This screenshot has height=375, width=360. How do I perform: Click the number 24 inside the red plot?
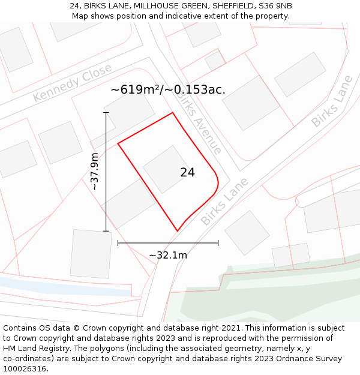coord(187,172)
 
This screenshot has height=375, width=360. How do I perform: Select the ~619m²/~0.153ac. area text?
coord(168,90)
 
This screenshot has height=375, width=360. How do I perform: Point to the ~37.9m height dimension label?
coord(95,172)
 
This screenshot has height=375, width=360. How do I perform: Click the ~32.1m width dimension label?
coord(168,255)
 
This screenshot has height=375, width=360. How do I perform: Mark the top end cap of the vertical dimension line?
coord(106,112)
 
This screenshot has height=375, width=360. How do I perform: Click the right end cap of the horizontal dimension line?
coord(218,243)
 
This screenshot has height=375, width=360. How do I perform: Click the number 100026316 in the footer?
coord(25,369)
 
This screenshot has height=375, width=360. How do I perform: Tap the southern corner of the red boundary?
coord(178,230)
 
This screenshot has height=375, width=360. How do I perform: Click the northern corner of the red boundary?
coord(173,113)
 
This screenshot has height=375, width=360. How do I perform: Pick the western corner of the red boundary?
coord(118,143)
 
